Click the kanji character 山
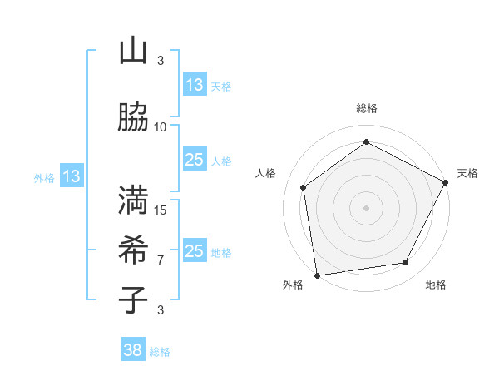point(133,51)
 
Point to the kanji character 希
point(133,249)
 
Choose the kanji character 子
point(133,299)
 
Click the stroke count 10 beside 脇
point(161,127)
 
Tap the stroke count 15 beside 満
point(161,210)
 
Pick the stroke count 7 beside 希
point(161,260)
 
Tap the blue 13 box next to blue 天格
point(195,85)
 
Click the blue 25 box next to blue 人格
point(195,160)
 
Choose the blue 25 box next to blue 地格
point(195,251)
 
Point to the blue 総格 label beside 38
point(160,352)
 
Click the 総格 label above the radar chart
point(367,108)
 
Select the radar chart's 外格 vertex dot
point(317,275)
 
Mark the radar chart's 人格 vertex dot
point(304,187)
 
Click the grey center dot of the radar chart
point(367,207)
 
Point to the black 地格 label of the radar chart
point(436,285)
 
